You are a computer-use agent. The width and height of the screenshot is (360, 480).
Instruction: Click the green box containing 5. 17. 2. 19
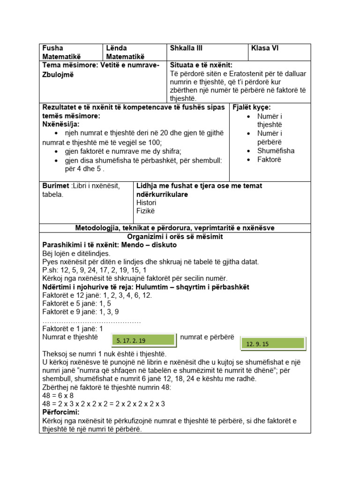pos(143,340)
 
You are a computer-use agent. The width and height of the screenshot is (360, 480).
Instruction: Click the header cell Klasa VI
pos(265,48)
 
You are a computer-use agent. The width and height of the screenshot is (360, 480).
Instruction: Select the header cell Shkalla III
pos(186,48)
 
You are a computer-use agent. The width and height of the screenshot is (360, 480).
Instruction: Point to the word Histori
pos(146,202)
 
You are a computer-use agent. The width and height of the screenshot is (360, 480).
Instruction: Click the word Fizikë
pos(145,211)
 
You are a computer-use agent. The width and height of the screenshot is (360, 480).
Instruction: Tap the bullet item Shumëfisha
pos(276,151)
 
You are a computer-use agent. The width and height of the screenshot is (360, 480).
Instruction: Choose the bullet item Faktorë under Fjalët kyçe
pos(269,159)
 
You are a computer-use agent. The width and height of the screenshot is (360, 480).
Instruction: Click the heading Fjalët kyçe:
pos(252,107)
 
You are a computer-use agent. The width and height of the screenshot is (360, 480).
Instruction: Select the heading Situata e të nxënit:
pos(201,65)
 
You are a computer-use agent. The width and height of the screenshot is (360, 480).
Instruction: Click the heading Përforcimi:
pos(61,412)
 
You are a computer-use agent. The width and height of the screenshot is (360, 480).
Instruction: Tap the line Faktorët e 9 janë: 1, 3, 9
pos(81,312)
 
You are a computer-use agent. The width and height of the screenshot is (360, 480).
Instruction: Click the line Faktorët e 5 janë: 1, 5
pos(76,303)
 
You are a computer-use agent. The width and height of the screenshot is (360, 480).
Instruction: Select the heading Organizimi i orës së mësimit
pos(175,237)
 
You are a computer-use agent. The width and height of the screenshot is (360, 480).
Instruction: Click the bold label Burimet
pos(56,186)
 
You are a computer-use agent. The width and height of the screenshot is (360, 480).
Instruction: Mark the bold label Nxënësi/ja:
pos(61,124)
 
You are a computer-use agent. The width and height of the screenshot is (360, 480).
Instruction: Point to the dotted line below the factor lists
pos(91,321)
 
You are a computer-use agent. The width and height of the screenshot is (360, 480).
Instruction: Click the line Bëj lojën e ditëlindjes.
pos(76,254)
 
